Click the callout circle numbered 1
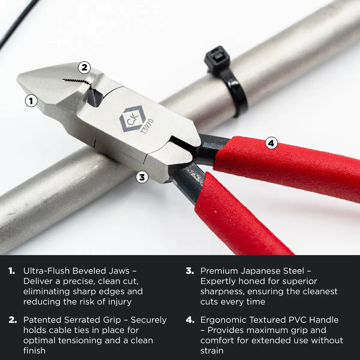coord(31,101)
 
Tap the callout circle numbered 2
coord(84,67)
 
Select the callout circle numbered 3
coord(142,177)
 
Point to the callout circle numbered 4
coord(271,143)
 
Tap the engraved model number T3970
coord(147,126)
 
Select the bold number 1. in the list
coord(12,271)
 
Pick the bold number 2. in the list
coord(13,320)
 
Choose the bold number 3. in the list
coord(190,271)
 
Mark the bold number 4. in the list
coord(190,320)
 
